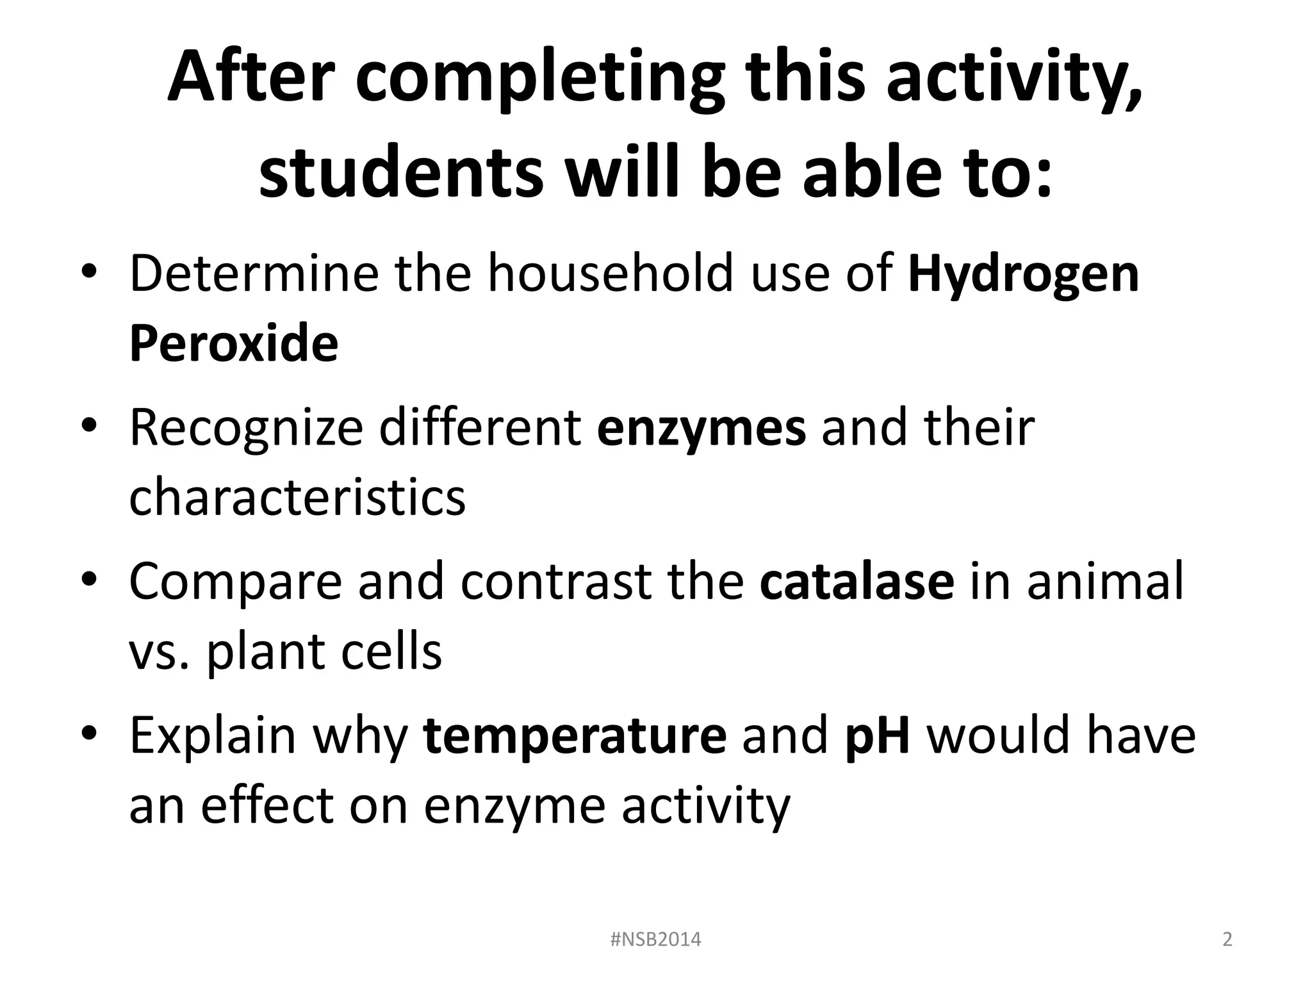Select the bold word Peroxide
coord(233,344)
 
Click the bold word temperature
coord(575,735)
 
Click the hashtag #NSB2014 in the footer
coord(655,939)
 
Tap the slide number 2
coord(1227,939)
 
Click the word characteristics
coord(297,498)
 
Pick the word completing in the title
coord(540,78)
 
